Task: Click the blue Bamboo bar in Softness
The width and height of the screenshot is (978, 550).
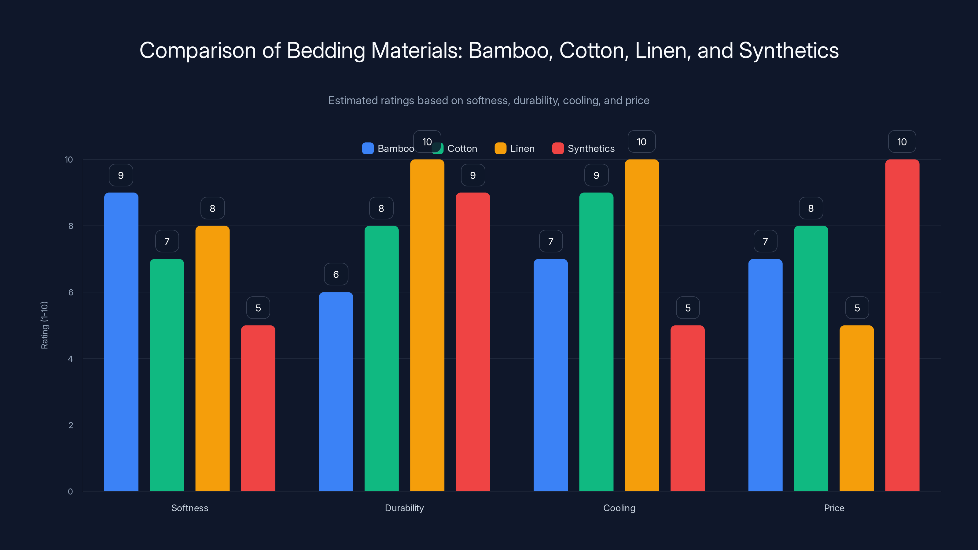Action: click(x=121, y=342)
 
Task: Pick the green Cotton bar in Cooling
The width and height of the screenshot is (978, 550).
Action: click(x=596, y=342)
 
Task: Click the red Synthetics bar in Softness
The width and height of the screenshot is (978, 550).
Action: click(x=258, y=408)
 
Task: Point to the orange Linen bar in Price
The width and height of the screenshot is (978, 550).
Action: click(x=856, y=408)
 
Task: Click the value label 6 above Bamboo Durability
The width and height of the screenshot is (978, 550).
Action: click(x=336, y=274)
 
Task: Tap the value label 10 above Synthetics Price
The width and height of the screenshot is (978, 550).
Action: click(x=902, y=141)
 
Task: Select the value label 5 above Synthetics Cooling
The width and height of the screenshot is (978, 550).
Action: click(x=688, y=307)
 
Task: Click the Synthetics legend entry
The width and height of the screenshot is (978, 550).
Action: click(x=583, y=148)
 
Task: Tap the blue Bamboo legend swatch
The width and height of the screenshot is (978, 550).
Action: click(x=367, y=148)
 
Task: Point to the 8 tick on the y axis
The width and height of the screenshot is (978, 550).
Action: click(x=71, y=226)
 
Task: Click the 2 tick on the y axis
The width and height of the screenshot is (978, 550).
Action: click(x=71, y=425)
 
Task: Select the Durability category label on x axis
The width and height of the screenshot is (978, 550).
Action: click(x=404, y=508)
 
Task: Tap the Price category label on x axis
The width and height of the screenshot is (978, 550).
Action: click(x=834, y=508)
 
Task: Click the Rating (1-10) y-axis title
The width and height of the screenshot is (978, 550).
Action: click(x=44, y=325)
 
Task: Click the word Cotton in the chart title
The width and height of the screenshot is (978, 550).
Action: click(x=591, y=50)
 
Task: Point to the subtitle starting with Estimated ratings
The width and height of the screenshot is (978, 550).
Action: click(x=489, y=100)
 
